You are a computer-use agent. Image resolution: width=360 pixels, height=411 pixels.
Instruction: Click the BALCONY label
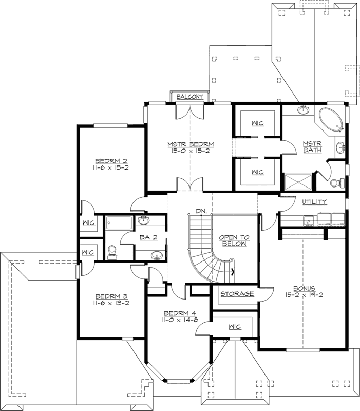[190, 97]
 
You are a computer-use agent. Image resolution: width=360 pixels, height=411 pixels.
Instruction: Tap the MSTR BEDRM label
[191, 144]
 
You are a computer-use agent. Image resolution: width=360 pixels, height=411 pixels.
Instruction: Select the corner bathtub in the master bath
[331, 120]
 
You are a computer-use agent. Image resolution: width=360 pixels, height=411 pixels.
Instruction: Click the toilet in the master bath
[337, 182]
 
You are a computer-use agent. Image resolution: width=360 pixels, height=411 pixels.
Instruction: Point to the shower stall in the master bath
[298, 182]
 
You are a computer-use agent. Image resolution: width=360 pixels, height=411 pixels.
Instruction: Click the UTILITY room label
[314, 202]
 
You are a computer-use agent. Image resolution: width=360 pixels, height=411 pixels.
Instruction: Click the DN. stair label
[201, 211]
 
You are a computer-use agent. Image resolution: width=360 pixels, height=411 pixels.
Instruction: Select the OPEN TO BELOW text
[234, 240]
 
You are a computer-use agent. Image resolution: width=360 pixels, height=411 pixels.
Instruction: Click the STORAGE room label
[237, 294]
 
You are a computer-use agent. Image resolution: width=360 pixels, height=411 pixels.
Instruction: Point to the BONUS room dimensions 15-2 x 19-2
[304, 295]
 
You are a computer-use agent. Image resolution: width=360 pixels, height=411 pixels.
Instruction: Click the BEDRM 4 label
[180, 313]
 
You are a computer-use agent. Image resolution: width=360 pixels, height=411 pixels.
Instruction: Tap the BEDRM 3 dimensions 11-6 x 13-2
[111, 303]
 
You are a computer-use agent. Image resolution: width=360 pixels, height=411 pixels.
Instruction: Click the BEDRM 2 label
[111, 161]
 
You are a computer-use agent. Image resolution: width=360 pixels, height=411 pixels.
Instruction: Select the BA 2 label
[148, 237]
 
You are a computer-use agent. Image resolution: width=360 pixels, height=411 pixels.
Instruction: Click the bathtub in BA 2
[119, 223]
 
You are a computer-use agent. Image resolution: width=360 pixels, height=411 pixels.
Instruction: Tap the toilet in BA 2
[112, 252]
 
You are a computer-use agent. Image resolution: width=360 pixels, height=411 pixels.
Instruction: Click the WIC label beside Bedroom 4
[235, 327]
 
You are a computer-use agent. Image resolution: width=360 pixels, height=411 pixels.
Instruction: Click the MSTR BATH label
[312, 147]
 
